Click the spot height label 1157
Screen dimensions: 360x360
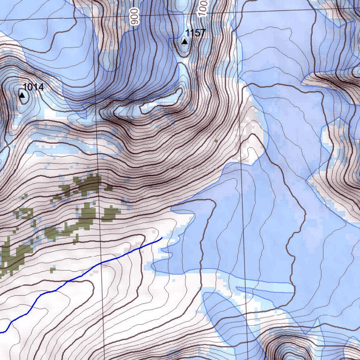point(195,33)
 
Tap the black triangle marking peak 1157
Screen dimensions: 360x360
point(184,42)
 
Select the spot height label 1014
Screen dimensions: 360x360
point(33,87)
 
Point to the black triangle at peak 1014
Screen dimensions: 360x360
point(22,95)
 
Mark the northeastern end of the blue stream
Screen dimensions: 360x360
point(161,238)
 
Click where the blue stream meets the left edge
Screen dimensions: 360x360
point(1,332)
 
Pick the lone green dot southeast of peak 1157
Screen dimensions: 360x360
point(216,141)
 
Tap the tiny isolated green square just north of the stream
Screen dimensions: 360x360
point(53,270)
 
